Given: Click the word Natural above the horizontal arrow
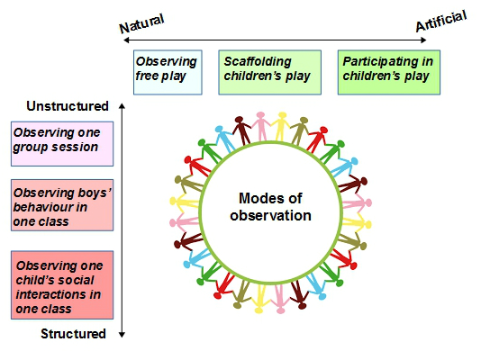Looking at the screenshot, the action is click(x=141, y=23).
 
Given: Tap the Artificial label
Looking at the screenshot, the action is click(x=441, y=21).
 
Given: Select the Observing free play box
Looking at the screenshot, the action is click(x=168, y=72).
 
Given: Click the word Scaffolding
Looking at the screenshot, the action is click(x=258, y=61).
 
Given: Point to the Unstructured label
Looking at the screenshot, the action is click(x=68, y=106).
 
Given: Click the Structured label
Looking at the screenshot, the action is click(x=73, y=334).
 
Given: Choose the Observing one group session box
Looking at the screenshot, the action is click(x=62, y=144).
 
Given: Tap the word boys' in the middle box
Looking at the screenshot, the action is click(x=95, y=193).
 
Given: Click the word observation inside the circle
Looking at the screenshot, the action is click(x=270, y=215).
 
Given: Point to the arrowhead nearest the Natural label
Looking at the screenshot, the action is click(x=126, y=40).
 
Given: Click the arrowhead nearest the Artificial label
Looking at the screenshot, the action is click(x=423, y=40).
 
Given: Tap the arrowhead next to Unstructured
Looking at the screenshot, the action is click(x=123, y=106).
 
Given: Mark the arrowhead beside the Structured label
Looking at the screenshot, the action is click(x=123, y=335).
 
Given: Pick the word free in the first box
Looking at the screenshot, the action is click(x=147, y=76).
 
